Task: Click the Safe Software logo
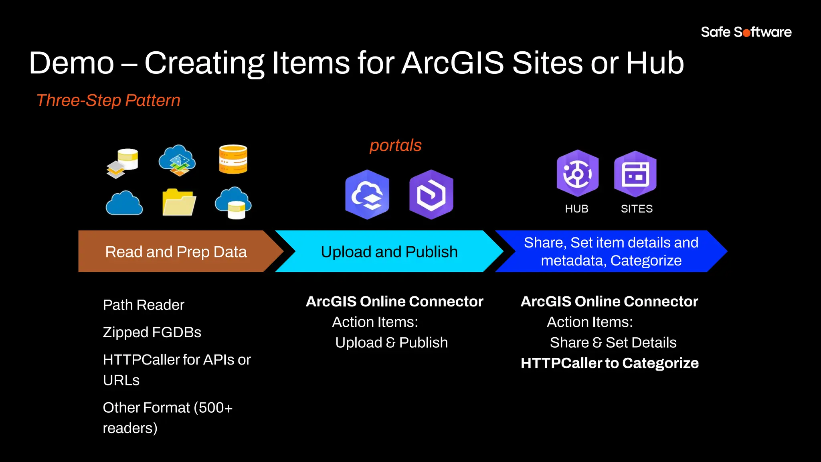coord(746,32)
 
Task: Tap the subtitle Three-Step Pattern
coord(108,100)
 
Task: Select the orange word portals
coord(395,145)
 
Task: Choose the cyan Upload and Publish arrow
coord(389,251)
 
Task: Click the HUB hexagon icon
coord(577,173)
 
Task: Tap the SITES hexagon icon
coord(635,174)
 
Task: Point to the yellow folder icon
coord(179,202)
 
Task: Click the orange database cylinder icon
coord(233,159)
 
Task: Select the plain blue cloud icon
coord(124,203)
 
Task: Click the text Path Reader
coord(144,305)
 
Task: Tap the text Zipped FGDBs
coord(152,332)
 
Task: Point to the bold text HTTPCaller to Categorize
coord(609,363)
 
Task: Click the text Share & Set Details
coord(613,342)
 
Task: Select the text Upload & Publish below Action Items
coord(391,342)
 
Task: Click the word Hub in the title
coord(655,63)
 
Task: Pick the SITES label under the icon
coord(637,209)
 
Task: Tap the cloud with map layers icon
coord(177,160)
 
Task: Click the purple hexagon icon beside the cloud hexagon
coord(431,195)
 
